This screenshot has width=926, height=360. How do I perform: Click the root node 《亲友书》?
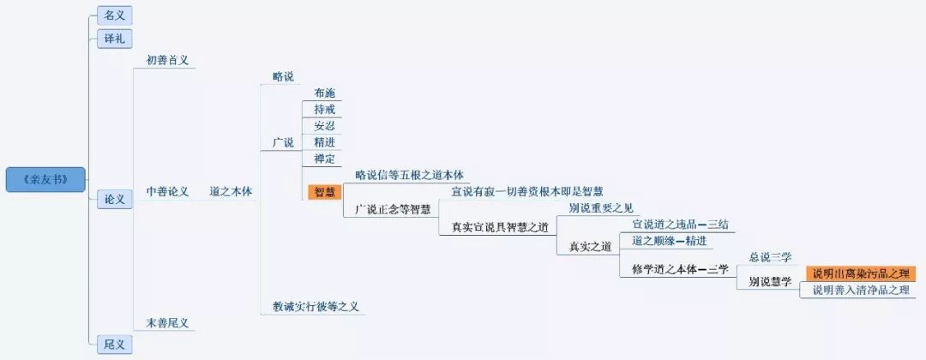click(x=46, y=180)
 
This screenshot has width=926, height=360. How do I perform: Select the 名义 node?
click(x=114, y=15)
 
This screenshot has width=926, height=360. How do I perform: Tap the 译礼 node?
click(x=114, y=39)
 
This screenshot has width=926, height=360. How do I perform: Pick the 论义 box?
click(x=114, y=199)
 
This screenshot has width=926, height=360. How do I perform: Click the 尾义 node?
click(x=114, y=345)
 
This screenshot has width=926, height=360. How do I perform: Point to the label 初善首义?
click(x=167, y=61)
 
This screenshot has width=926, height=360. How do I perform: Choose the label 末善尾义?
click(x=167, y=323)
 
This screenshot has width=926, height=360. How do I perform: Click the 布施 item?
click(x=325, y=93)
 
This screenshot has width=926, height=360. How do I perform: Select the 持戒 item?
click(x=325, y=110)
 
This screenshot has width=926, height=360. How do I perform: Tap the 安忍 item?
click(x=325, y=126)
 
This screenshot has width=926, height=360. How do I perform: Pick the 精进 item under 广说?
click(x=325, y=142)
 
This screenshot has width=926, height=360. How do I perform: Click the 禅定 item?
click(x=325, y=159)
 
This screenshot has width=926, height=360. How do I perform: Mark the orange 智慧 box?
click(x=325, y=192)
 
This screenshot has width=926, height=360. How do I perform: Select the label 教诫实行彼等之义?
click(x=319, y=306)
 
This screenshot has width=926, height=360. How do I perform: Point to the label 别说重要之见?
click(x=601, y=208)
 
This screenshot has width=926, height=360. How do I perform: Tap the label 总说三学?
click(x=770, y=257)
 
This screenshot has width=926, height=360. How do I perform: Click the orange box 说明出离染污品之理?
click(x=860, y=273)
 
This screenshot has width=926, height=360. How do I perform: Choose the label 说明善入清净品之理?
click(x=860, y=290)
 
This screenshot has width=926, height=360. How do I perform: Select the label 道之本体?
click(x=231, y=191)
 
